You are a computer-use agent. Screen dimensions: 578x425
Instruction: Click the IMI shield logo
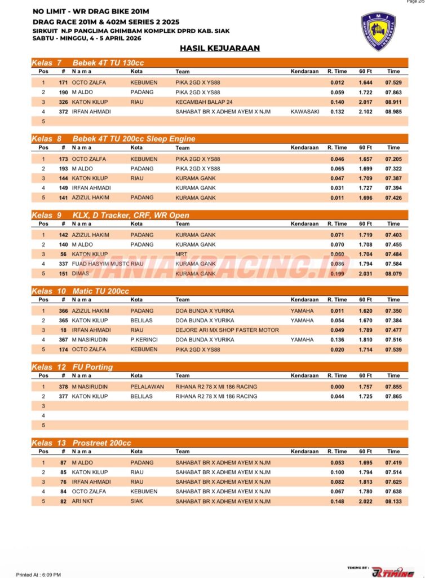click(378, 31)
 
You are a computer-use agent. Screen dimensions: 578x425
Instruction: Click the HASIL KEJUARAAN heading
click(220, 49)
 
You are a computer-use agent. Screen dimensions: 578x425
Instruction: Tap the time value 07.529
click(393, 82)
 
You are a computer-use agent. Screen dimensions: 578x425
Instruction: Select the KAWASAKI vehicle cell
click(305, 112)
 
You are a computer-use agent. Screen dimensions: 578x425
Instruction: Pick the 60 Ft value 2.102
click(365, 112)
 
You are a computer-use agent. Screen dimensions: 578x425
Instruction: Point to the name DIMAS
click(80, 274)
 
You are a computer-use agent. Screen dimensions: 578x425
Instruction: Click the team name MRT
click(181, 255)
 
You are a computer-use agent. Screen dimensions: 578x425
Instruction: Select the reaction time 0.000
click(338, 387)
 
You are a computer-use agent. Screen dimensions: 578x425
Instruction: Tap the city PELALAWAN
click(147, 387)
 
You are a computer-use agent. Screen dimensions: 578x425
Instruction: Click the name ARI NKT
click(82, 501)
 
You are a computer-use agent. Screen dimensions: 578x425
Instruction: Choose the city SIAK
click(137, 501)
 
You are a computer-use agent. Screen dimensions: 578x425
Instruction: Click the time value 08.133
click(393, 501)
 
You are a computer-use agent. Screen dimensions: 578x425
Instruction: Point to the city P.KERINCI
click(144, 340)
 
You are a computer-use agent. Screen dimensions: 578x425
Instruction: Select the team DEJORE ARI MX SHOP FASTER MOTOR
click(227, 330)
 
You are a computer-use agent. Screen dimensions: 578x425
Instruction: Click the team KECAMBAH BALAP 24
click(204, 102)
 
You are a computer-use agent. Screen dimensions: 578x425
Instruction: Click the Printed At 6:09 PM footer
click(38, 574)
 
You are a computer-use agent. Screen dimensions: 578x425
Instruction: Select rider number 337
click(63, 264)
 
